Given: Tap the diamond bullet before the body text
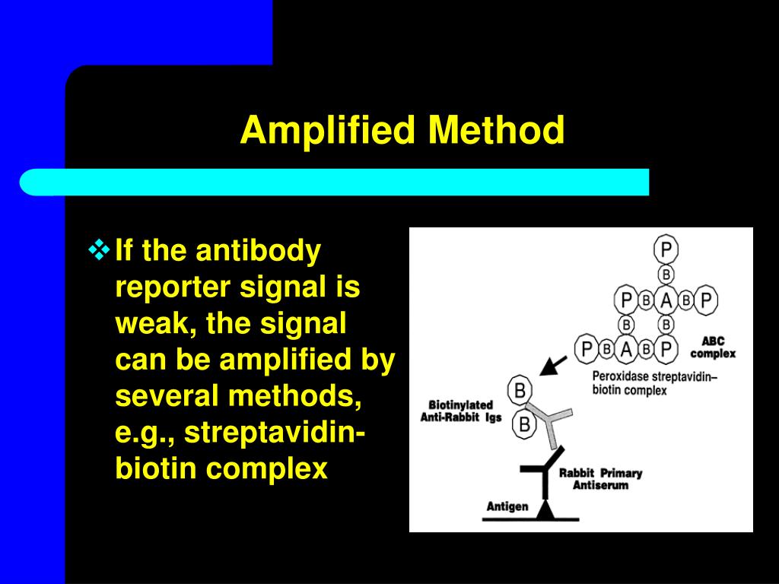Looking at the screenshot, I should click(100, 249).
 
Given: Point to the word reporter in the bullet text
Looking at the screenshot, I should click(172, 288).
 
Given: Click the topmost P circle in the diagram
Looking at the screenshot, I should click(666, 249).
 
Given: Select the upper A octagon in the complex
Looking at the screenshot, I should click(666, 300).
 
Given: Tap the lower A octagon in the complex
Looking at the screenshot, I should click(627, 349).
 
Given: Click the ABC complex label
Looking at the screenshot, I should click(713, 348).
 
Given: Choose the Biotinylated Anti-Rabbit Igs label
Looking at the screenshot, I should click(460, 411).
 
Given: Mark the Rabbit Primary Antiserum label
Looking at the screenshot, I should click(600, 478).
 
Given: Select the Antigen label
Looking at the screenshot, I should click(507, 506).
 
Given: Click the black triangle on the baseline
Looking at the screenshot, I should click(544, 511).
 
